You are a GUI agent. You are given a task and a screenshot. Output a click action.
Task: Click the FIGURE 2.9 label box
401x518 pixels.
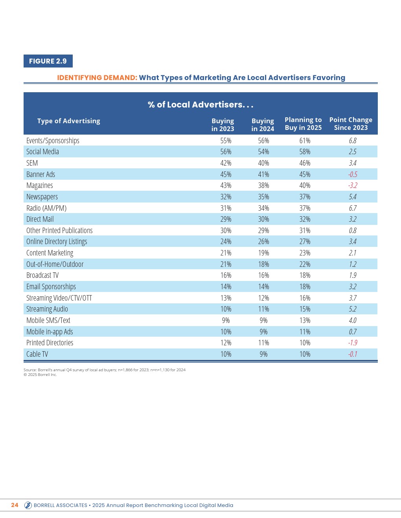[48, 61]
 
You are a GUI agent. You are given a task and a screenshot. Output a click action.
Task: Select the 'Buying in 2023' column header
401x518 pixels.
[223, 125]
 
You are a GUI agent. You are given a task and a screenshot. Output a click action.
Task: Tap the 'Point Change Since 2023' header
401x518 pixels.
[351, 124]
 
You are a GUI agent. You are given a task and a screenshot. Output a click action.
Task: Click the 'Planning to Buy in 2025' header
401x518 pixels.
[303, 124]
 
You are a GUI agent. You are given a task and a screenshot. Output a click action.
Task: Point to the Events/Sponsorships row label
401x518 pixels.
[53, 140]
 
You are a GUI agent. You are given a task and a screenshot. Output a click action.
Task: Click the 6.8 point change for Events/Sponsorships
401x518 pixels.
[353, 140]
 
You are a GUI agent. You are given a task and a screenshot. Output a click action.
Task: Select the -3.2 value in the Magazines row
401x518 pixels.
[353, 185]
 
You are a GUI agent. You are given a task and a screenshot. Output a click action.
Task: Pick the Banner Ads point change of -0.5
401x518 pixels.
[353, 174]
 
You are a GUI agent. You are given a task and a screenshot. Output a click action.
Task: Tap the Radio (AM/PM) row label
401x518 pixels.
[46, 208]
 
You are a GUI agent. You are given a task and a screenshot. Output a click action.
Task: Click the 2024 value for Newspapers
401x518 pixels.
[263, 197]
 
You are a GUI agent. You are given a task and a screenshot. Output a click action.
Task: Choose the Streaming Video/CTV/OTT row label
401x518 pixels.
[59, 298]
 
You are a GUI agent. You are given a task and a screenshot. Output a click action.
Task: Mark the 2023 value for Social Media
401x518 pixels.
[226, 151]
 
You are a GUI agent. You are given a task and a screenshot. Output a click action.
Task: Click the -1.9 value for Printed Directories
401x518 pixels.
[353, 343]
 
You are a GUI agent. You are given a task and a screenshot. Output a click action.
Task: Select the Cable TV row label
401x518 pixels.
[37, 354]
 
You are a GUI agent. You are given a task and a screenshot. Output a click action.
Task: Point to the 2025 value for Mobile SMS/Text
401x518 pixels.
[305, 320]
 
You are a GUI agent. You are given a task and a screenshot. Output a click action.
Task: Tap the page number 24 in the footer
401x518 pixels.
[15, 505]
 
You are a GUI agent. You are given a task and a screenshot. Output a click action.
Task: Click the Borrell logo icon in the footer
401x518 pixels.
[28, 505]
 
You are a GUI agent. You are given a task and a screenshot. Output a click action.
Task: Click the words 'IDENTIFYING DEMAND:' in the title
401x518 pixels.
[97, 78]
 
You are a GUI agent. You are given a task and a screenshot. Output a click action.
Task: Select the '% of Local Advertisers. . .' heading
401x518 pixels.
[200, 105]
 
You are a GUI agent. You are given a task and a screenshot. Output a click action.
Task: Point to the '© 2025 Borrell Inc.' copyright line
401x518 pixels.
[40, 375]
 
